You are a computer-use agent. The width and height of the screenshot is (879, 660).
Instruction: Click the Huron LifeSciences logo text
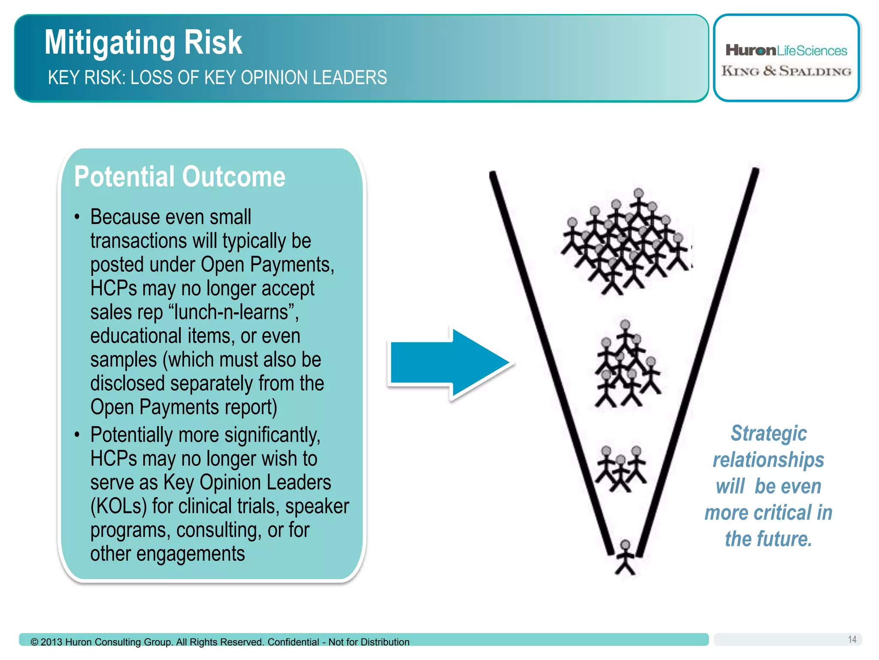click(x=786, y=51)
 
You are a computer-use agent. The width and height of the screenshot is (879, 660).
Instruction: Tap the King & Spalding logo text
click(x=786, y=71)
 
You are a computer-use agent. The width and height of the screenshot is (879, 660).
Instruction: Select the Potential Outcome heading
click(x=179, y=177)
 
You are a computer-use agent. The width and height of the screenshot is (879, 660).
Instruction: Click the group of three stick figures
click(x=621, y=468)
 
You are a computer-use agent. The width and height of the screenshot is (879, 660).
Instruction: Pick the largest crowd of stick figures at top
click(x=627, y=243)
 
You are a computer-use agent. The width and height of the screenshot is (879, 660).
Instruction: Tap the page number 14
click(x=852, y=639)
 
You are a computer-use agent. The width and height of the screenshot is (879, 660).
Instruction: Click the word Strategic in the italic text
click(x=768, y=433)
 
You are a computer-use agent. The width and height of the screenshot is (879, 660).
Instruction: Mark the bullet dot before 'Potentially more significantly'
click(x=77, y=435)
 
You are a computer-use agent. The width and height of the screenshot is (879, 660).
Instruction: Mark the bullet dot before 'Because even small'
click(x=77, y=217)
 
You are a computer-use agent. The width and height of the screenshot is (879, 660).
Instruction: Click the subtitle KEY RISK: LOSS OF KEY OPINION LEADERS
click(x=217, y=78)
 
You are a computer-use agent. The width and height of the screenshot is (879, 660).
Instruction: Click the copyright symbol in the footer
click(x=34, y=642)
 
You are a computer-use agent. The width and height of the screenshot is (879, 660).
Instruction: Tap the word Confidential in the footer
click(x=293, y=642)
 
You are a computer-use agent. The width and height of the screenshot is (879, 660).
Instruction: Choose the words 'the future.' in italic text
click(x=768, y=539)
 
